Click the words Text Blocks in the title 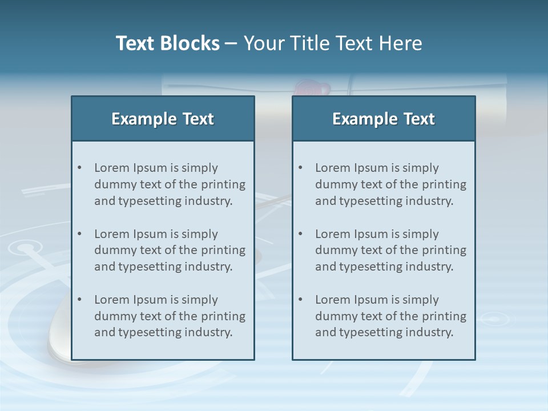[x=167, y=43]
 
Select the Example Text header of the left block [x=163, y=119]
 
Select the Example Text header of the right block [x=384, y=119]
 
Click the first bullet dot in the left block [x=80, y=168]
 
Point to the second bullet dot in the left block [x=80, y=234]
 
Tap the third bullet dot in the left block [x=80, y=300]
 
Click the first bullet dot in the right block [x=301, y=168]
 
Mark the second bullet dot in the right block [x=301, y=234]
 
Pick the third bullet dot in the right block [x=301, y=300]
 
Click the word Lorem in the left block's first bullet [x=112, y=168]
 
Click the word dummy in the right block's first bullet [x=336, y=184]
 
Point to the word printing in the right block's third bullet [x=444, y=316]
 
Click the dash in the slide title [x=232, y=43]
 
